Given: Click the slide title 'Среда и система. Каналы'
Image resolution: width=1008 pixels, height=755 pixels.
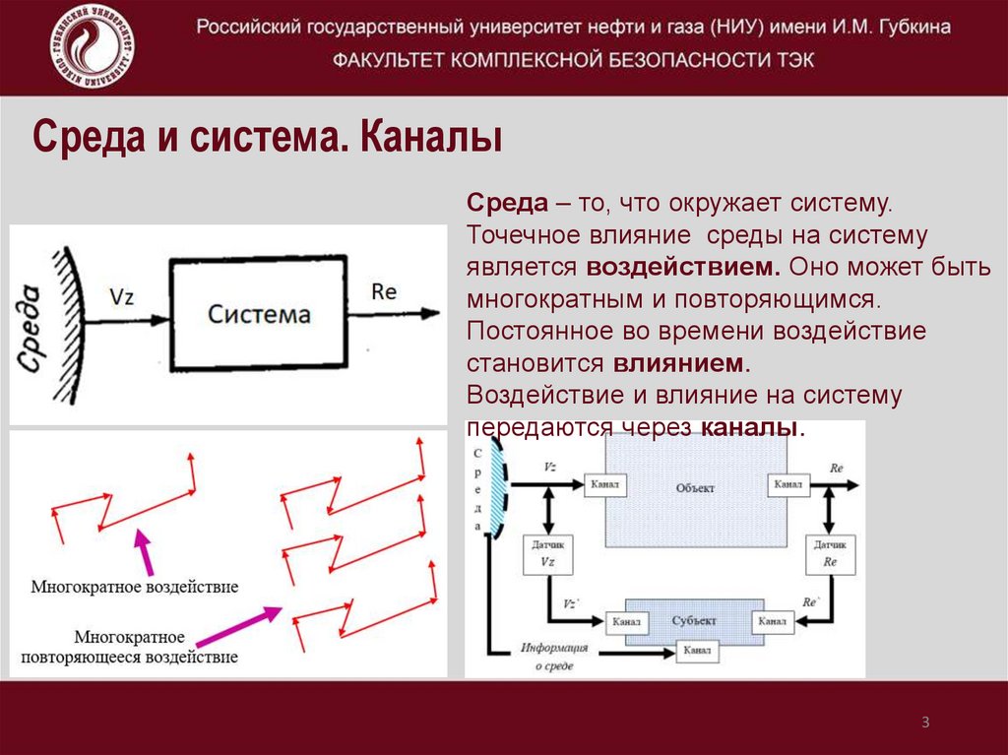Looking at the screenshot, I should [268, 137].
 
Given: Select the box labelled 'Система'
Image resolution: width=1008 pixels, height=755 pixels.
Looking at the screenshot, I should [259, 314].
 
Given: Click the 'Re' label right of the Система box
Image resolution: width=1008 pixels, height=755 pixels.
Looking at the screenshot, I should [384, 291].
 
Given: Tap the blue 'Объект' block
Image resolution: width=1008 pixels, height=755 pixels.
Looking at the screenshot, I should [695, 488].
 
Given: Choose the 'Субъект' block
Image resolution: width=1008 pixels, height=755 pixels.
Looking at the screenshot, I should [695, 621].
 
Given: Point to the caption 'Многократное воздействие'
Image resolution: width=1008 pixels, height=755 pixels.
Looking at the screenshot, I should [135, 587].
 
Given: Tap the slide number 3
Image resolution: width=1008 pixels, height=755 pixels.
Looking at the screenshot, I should [925, 724].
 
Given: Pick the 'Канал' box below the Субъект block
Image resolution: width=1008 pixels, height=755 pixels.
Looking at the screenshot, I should [697, 652].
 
